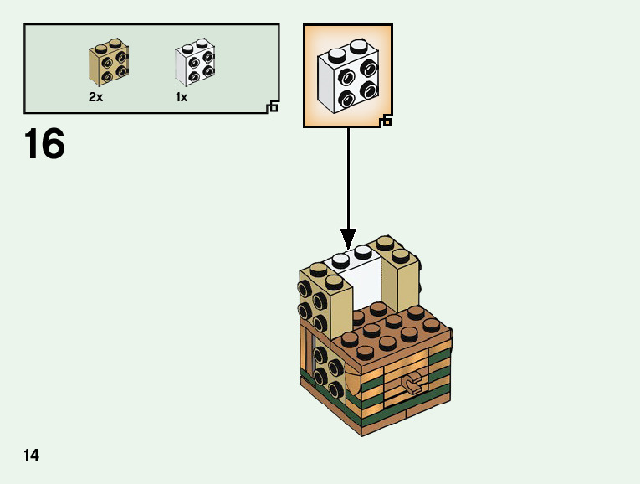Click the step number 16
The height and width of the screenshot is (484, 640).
tap(44, 144)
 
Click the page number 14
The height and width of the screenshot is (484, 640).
tap(32, 455)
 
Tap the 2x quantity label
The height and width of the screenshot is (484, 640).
tap(95, 97)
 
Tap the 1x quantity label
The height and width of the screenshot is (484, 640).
tap(182, 97)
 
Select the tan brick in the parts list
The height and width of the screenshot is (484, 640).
tap(108, 65)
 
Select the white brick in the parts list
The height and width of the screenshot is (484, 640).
tap(193, 64)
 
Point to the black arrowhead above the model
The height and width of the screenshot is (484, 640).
tap(348, 239)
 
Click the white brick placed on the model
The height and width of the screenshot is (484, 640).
tap(361, 281)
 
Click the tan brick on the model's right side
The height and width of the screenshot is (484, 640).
tap(402, 276)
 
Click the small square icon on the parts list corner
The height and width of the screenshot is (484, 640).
tap(272, 106)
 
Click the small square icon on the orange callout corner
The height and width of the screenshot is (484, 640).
tap(386, 122)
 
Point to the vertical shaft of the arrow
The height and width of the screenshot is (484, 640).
tap(348, 176)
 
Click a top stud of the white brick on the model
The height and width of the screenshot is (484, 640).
tap(363, 250)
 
